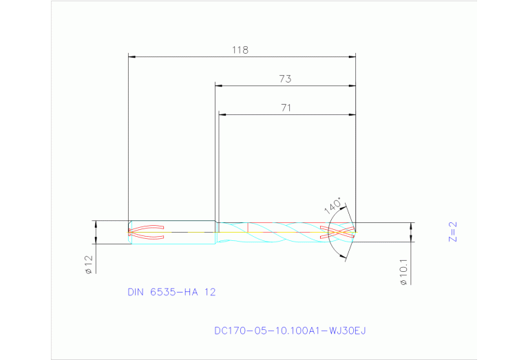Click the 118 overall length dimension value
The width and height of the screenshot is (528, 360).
pos(240,50)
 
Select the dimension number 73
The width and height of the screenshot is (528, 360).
pos(285,78)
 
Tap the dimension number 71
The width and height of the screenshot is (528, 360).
pos(286,107)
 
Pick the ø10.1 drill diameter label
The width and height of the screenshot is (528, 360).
pos(403,271)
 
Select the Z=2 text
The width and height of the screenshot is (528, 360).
pos(452,233)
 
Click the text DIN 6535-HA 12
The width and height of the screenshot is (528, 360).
pos(171,292)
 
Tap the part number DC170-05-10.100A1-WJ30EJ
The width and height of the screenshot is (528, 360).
pos(290,331)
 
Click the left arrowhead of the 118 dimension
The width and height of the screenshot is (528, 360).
pos(132,56)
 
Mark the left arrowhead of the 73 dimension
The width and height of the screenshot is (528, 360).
pos(219,85)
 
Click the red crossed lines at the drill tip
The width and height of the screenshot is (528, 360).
pos(341,232)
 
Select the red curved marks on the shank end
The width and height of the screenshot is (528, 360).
pos(147,232)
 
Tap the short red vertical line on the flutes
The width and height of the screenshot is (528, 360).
pos(247,226)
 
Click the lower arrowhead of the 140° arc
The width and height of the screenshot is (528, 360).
pos(343,256)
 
